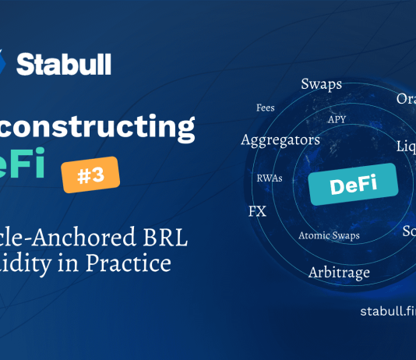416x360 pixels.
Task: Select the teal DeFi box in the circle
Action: click(353, 184)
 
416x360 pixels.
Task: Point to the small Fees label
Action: click(266, 108)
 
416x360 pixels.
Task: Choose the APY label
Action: click(337, 120)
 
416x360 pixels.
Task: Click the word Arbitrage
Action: click(339, 272)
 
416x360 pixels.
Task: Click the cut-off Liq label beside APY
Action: click(405, 146)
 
